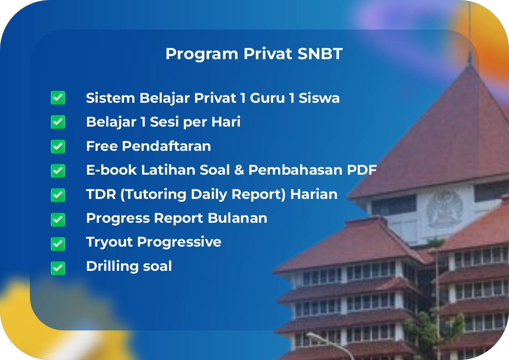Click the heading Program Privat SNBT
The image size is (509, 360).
pos(254,54)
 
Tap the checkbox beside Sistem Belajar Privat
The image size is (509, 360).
pos(58,98)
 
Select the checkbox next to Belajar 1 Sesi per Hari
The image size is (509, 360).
pos(58,122)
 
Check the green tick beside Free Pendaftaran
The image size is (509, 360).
pos(58,146)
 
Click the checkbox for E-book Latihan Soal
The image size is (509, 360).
pos(58,170)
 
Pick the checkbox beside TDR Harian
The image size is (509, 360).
pos(58,194)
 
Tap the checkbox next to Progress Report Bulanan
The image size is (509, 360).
pos(58,219)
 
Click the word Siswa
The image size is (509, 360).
pos(319,98)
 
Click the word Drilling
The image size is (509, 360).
pos(109,267)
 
